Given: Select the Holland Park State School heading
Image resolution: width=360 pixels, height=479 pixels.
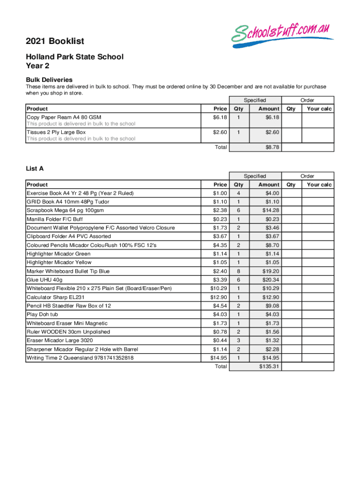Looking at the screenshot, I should (74, 57).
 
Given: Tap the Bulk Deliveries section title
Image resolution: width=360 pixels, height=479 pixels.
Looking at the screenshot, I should (49, 80).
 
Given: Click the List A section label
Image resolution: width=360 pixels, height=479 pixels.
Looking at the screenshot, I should (35, 168).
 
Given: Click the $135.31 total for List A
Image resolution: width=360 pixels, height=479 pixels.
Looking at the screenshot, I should (269, 366).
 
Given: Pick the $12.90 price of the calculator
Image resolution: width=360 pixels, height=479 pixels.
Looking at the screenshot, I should (219, 297).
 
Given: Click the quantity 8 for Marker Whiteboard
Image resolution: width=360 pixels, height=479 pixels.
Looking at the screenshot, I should (238, 271).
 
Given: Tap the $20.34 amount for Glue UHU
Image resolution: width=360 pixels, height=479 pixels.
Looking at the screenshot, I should (269, 280).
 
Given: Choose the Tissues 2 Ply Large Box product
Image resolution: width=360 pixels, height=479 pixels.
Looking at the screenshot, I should (56, 132).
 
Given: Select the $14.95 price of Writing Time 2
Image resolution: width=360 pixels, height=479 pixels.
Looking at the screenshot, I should (219, 358).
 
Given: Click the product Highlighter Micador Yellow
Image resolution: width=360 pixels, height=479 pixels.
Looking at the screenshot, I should (59, 262).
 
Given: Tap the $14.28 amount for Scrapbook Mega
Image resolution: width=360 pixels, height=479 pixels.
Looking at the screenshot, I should (269, 210).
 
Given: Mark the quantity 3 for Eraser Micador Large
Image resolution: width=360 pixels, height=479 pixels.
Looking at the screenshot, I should (238, 341).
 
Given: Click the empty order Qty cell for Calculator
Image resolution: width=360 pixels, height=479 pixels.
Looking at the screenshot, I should (291, 297).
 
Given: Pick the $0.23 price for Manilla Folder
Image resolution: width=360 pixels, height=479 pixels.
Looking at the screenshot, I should (220, 219).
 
